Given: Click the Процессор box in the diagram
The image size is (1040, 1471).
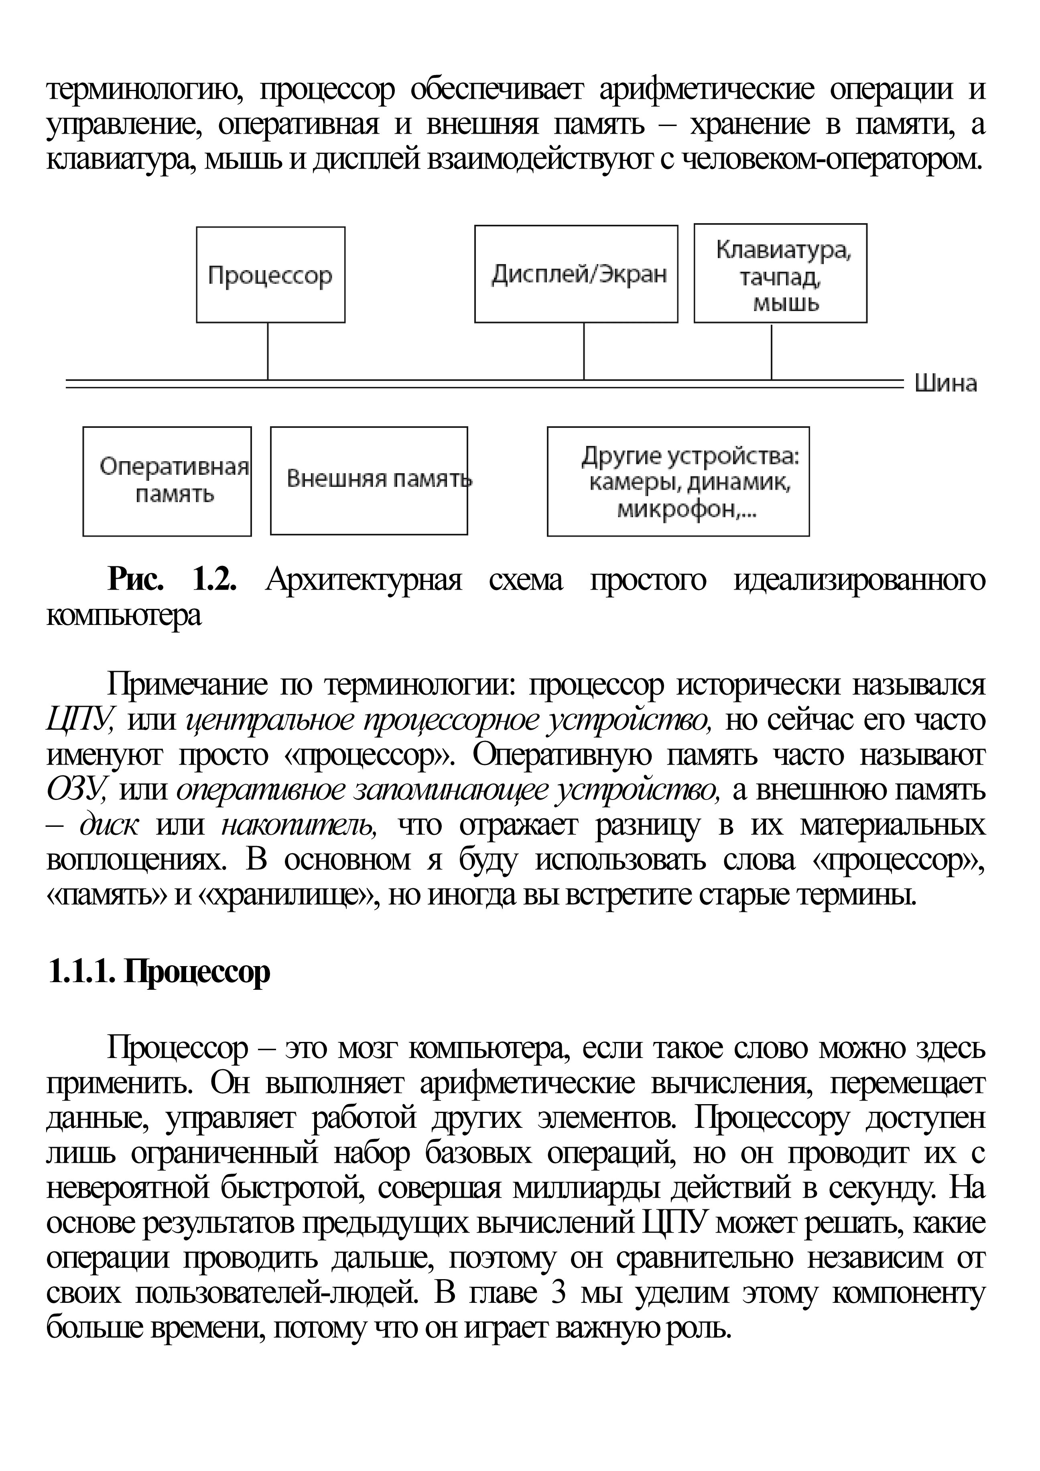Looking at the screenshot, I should coord(270,275).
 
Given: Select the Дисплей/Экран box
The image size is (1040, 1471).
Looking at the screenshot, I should coord(576,274).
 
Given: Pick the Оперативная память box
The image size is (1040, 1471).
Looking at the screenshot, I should coord(167,481).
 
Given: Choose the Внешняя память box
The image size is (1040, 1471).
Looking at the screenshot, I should coord(369,480).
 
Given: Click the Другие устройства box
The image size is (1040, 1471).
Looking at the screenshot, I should coord(678,481).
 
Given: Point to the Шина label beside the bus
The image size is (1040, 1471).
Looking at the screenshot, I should coord(945,384).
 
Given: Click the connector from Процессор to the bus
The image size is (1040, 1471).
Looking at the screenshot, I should coord(268,351).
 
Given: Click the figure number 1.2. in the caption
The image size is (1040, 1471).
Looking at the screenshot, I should coord(215,580).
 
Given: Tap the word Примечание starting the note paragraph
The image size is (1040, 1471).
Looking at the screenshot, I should coord(187,686).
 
